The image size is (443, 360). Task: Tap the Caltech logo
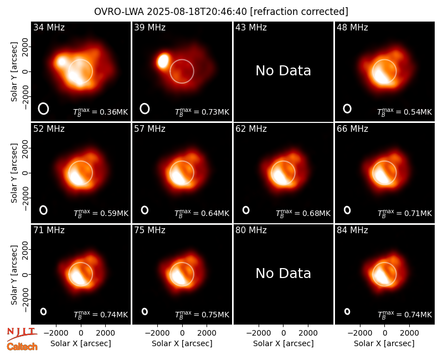click(22, 347)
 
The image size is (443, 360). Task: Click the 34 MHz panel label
click(49, 27)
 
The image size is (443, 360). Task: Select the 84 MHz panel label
click(352, 230)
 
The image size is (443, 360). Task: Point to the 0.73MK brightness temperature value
click(215, 112)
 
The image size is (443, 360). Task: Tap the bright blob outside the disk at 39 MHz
click(163, 61)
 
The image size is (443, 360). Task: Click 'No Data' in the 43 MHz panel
click(284, 71)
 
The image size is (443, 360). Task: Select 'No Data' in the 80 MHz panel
click(284, 273)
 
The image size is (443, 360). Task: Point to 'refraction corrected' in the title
click(299, 12)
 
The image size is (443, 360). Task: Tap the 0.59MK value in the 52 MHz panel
click(115, 213)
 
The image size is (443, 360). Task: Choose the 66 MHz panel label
click(352, 129)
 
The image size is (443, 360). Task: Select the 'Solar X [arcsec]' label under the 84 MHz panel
click(384, 343)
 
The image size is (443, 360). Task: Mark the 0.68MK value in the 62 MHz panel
click(316, 213)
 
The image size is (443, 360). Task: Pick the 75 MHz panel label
click(150, 230)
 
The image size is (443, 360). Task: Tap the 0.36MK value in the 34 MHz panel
click(114, 112)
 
